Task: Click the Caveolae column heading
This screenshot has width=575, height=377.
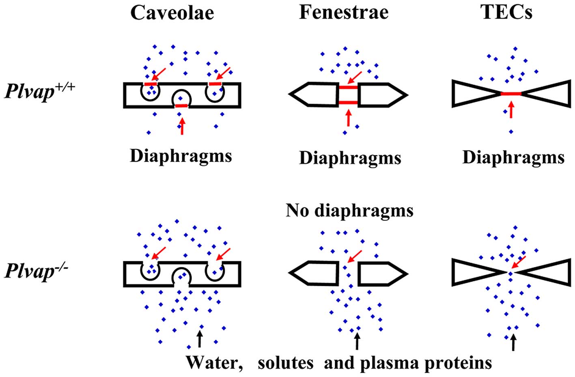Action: (x=172, y=13)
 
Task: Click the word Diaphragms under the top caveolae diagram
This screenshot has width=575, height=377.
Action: (x=181, y=156)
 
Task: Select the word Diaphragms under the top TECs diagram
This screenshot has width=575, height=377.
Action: (x=513, y=157)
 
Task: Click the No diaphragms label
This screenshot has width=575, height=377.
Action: (x=350, y=210)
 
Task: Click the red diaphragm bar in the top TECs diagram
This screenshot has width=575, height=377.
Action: (x=511, y=94)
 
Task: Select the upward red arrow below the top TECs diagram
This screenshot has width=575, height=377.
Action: (x=511, y=110)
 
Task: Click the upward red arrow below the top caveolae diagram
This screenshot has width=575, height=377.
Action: (x=182, y=126)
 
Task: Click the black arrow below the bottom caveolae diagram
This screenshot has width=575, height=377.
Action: (x=199, y=338)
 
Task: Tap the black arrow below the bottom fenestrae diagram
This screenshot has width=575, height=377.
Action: (x=357, y=341)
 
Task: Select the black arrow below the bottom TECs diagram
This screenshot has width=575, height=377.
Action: (x=513, y=342)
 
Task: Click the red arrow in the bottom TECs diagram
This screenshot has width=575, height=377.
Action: (x=518, y=262)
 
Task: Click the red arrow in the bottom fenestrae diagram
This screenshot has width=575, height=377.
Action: (x=355, y=256)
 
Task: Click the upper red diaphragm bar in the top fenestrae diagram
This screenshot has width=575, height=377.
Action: (x=348, y=87)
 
